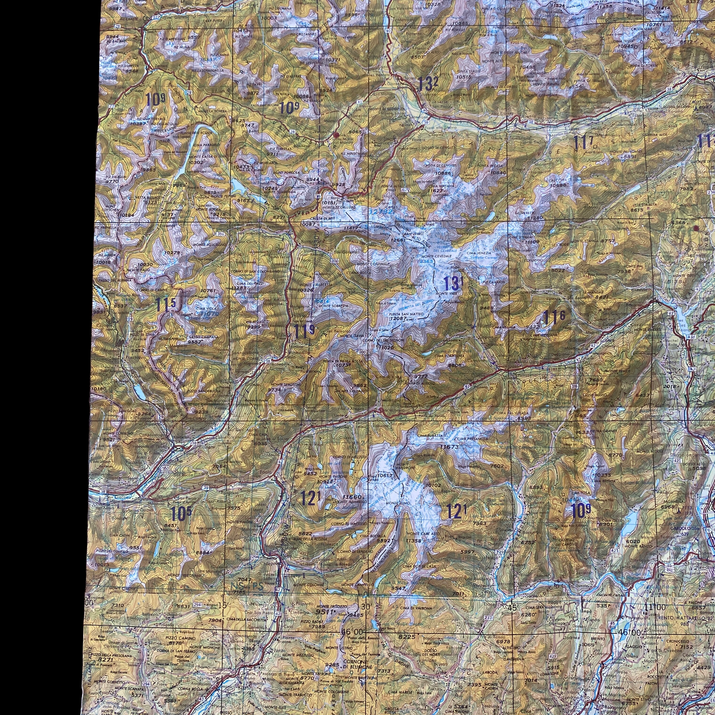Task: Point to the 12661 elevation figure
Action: tap(399, 240)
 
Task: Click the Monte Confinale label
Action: tap(374, 264)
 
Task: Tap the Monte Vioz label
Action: tap(447, 293)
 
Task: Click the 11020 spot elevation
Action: tap(385, 347)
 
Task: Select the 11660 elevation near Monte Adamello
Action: tap(352, 497)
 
